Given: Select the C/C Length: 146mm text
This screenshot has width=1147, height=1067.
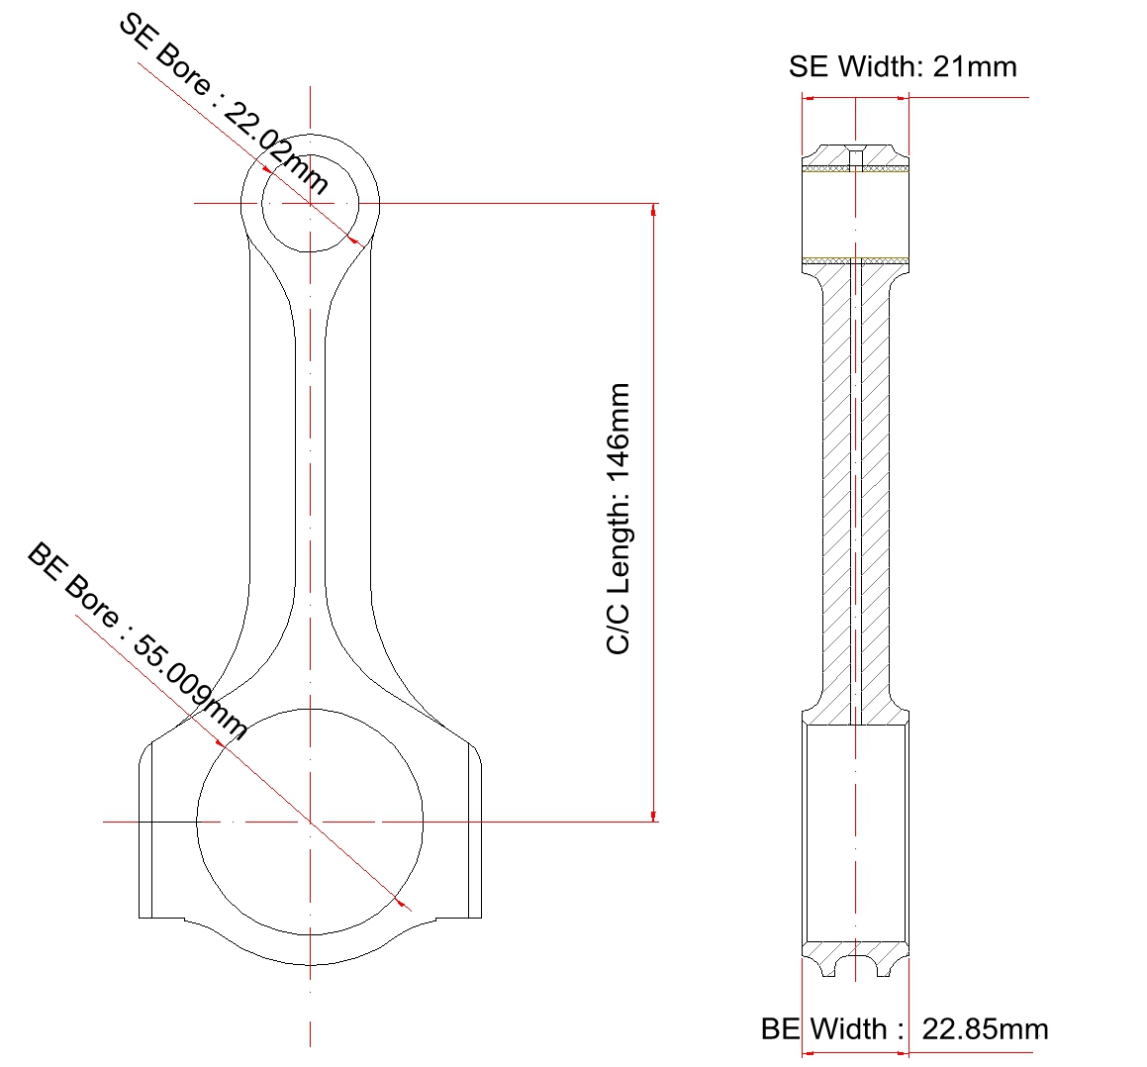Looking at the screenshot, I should point(619,519).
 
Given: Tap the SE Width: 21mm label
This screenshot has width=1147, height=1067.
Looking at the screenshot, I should point(902,66).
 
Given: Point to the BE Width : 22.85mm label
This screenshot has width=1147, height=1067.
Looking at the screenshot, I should point(904,1028).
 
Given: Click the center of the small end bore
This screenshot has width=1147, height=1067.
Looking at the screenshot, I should point(311,203).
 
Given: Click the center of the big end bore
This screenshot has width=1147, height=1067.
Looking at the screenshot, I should point(311,821).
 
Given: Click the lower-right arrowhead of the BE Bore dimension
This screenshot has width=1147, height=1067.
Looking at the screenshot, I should point(400,903).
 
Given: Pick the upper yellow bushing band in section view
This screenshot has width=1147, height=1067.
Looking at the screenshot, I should point(855,168).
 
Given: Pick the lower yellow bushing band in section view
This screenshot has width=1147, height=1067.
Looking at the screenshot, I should point(855,260).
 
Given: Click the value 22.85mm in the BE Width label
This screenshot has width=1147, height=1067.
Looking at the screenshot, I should point(985,1028).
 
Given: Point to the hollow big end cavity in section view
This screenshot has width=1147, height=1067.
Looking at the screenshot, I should point(855,831).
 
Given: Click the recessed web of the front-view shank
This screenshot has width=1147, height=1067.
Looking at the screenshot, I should point(311,475).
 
